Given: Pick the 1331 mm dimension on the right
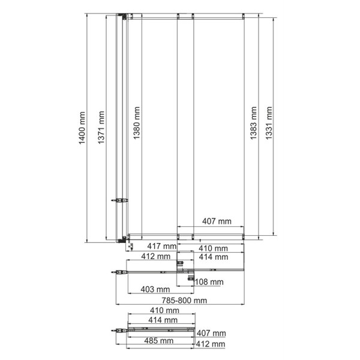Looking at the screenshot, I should coord(269,124).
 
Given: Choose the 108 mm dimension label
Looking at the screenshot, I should coord(209,282).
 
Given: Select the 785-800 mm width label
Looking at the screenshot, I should coord(185,301).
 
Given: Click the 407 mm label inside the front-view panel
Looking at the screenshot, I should coord(217,221).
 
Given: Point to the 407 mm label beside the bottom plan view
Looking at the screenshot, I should coord(211,333).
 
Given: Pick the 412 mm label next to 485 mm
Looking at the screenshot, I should coord(211,344).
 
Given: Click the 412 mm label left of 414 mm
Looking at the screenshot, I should coord(153,257).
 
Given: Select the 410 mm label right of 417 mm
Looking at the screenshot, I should coord(213,247).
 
